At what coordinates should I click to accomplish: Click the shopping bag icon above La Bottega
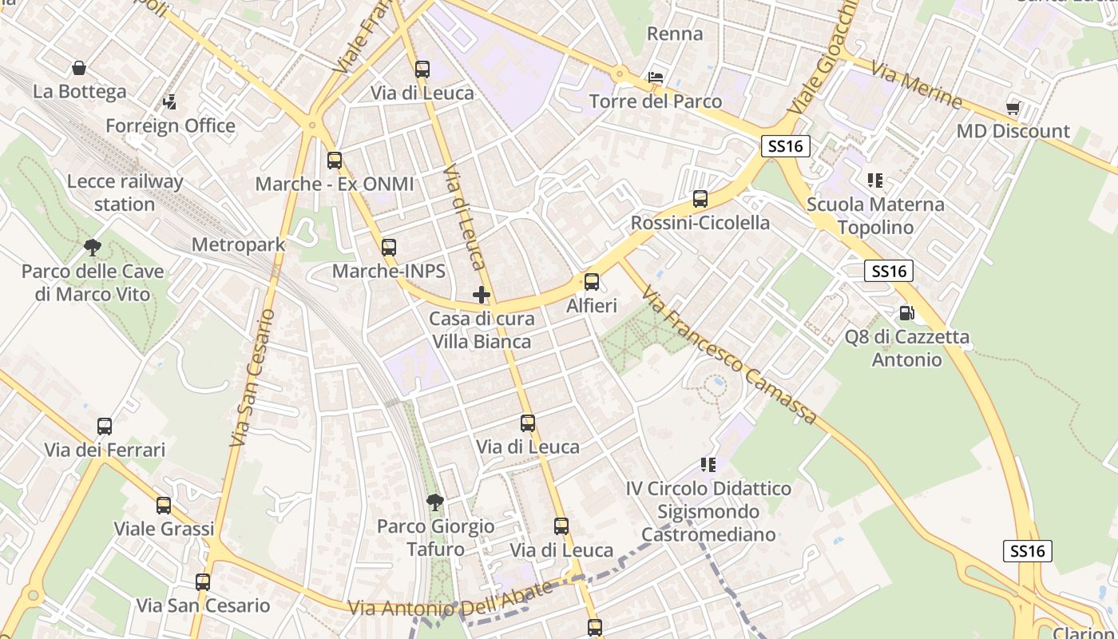pos(79,69)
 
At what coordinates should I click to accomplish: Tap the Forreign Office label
pos(170,125)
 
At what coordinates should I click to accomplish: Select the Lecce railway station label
pos(125,192)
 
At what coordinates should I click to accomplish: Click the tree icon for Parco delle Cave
pos(93,248)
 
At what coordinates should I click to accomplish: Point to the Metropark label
pos(239,244)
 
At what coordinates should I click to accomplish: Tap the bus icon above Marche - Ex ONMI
pos(335,161)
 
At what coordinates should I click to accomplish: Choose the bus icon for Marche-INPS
pos(389,248)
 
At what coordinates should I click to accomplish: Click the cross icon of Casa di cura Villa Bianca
pos(482,295)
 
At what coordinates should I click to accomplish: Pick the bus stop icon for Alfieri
pos(592,282)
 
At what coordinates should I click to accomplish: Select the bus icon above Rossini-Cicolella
pos(700,199)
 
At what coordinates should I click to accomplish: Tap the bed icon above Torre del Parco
pos(656,78)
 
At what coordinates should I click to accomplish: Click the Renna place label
pos(675,34)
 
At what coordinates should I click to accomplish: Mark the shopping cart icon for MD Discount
pos(1013,108)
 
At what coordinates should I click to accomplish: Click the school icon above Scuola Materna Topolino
pos(875,181)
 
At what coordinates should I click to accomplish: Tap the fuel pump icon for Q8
pos(906,313)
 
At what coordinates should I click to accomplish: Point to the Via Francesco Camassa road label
pos(730,355)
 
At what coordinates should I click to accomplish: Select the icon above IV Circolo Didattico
pos(708,464)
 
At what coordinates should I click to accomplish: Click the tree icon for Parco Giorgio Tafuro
pos(435,502)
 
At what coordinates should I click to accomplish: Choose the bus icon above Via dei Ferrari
pos(105,427)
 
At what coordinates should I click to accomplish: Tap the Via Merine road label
pos(917,85)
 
